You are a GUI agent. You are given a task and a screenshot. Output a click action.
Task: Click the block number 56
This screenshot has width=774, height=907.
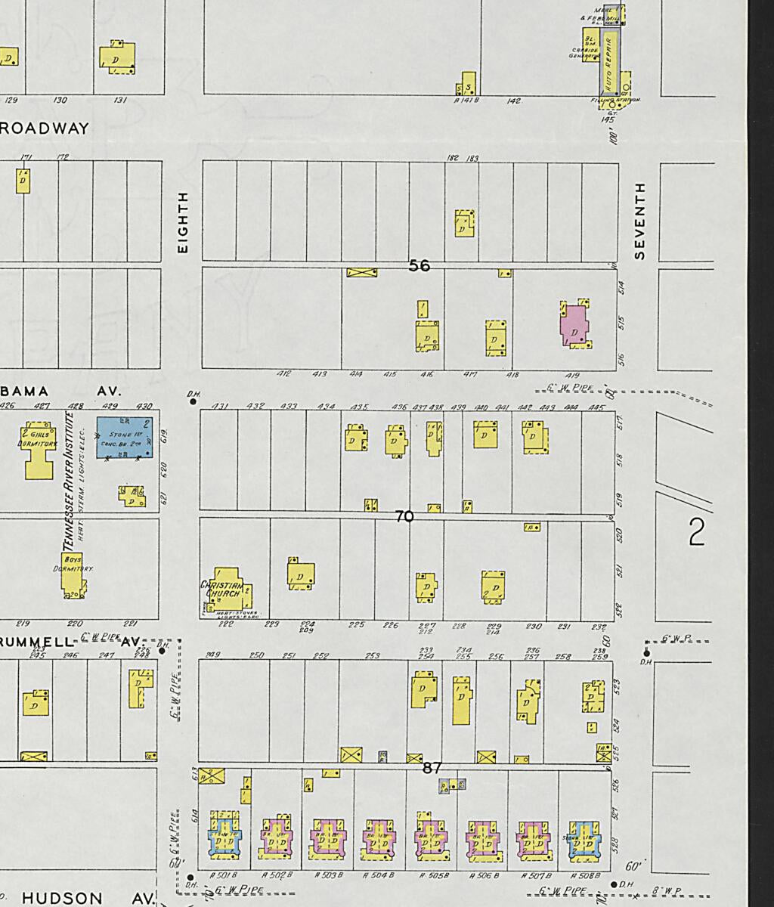tap(419, 265)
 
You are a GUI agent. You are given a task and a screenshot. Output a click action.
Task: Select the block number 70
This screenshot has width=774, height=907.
tap(404, 517)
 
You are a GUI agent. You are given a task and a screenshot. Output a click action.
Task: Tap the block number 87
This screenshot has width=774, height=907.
tap(432, 768)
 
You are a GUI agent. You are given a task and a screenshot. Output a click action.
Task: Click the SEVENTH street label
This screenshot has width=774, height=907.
tap(640, 221)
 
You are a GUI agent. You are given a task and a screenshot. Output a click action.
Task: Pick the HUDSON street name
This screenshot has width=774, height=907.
tap(62, 898)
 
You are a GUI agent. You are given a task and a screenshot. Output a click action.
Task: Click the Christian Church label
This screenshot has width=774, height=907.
tap(221, 590)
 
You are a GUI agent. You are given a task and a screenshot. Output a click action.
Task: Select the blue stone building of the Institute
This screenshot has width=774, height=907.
tap(125, 438)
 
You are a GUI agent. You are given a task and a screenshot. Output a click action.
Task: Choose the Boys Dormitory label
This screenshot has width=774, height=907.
tap(73, 564)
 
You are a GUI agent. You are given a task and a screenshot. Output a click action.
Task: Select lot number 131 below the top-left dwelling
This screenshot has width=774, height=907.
tap(120, 100)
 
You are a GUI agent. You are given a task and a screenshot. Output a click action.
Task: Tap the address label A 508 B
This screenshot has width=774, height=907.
tap(586, 875)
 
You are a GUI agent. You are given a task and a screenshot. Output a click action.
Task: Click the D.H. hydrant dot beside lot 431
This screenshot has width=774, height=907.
tap(193, 401)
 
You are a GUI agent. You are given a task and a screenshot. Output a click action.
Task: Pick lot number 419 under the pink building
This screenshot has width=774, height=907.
tap(571, 374)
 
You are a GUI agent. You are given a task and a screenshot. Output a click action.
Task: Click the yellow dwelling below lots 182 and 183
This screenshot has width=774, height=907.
tap(465, 224)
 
